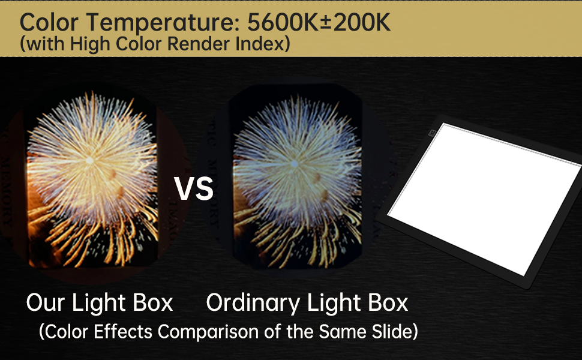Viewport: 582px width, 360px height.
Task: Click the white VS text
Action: pyautogui.click(x=194, y=188)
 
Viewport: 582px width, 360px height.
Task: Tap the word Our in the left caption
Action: pyautogui.click(x=46, y=303)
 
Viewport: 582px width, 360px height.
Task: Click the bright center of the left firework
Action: pyautogui.click(x=89, y=160)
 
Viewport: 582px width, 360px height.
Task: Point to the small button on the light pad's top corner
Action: pyautogui.click(x=433, y=130)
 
